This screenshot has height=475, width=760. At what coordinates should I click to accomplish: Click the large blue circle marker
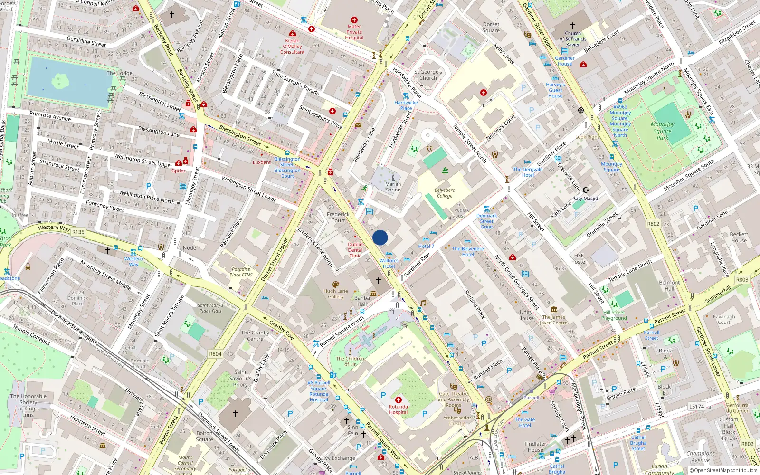(x=380, y=237)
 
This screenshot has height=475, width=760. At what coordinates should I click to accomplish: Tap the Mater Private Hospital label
(x=354, y=32)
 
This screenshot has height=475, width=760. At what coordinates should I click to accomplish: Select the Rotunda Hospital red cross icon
(x=398, y=400)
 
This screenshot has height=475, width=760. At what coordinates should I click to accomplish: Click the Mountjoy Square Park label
(x=662, y=131)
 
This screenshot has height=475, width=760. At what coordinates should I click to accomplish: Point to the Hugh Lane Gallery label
(x=336, y=294)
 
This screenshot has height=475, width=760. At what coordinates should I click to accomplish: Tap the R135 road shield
(x=78, y=232)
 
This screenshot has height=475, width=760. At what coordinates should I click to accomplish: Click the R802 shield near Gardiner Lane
(x=653, y=224)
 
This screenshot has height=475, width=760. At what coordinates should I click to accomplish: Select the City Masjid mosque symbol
(x=586, y=190)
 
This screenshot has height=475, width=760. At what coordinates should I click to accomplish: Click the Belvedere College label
(x=444, y=193)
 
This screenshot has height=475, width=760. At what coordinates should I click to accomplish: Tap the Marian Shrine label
(x=393, y=187)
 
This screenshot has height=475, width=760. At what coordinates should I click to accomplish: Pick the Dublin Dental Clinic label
(x=355, y=250)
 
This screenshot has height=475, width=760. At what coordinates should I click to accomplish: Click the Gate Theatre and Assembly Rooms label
(x=454, y=399)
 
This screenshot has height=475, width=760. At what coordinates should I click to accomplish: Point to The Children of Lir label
(x=350, y=361)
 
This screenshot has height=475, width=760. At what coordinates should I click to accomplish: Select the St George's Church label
(x=428, y=75)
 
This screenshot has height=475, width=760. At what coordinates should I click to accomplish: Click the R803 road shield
(x=742, y=280)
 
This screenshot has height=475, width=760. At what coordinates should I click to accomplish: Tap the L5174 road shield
(x=697, y=406)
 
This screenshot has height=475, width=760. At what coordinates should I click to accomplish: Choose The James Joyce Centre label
(x=553, y=320)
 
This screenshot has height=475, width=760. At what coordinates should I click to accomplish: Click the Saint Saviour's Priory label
(x=240, y=379)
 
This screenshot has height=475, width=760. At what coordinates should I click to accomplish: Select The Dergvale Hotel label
(x=528, y=172)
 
